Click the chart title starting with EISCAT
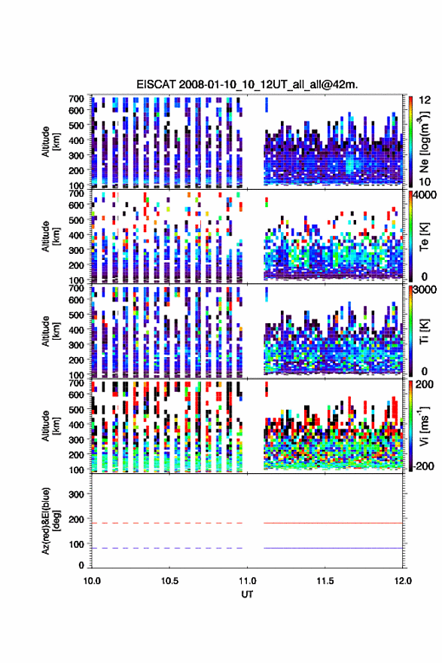[x=247, y=84]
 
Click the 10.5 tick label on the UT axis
[x=169, y=581]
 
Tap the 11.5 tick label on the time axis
[x=325, y=581]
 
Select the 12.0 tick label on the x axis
[x=403, y=581]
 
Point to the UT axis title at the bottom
[x=247, y=594]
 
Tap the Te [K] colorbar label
[x=424, y=236]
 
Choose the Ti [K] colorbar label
[x=424, y=331]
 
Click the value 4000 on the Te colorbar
[x=425, y=195]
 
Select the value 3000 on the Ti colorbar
[x=425, y=290]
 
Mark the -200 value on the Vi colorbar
[x=423, y=466]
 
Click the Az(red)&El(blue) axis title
[x=51, y=521]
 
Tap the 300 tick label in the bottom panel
[x=76, y=494]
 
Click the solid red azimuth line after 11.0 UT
[x=333, y=523]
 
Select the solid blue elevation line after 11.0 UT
[x=333, y=548]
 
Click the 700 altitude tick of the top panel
[x=76, y=99]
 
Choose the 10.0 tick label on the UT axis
[x=92, y=581]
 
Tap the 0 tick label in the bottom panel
[x=81, y=565]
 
